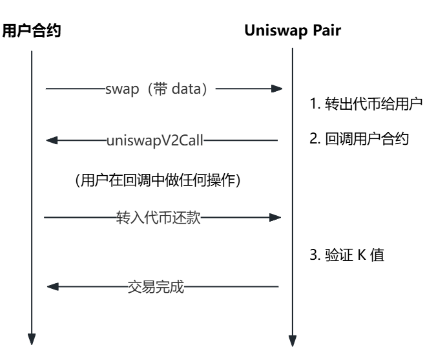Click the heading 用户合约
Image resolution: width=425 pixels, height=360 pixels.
point(32,30)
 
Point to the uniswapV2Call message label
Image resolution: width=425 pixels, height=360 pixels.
point(155,140)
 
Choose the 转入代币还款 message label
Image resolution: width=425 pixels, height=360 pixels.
point(164,218)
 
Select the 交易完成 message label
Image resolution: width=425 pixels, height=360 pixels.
point(155,286)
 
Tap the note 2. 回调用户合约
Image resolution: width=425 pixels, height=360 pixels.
point(359,139)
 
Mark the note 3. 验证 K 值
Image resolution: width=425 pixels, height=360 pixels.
point(347,255)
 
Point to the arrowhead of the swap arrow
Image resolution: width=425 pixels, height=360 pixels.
point(277,89)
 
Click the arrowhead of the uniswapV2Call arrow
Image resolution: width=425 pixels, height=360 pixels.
point(52,140)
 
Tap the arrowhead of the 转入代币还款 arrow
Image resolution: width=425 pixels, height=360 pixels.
point(276,218)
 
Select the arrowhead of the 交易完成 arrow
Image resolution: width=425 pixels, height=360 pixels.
point(53,286)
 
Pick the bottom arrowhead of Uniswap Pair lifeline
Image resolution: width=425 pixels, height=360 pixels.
point(292,340)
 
